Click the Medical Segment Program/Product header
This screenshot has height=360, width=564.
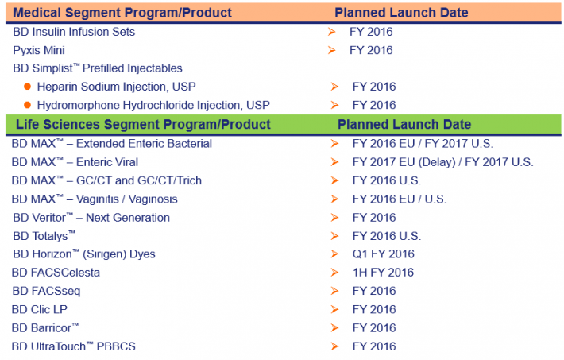(122, 13)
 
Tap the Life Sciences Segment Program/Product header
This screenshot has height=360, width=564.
(143, 124)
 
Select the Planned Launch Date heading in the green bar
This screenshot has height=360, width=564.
(404, 124)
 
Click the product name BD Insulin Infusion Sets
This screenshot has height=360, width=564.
(74, 32)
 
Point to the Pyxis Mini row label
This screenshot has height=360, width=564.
(39, 50)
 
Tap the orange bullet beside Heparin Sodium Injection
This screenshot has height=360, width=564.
(27, 87)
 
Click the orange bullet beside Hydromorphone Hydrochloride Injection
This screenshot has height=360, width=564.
(27, 105)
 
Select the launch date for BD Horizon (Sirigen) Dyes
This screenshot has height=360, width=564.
(383, 254)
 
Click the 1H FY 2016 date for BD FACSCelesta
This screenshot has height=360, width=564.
(383, 272)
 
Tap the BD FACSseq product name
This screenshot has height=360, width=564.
(46, 291)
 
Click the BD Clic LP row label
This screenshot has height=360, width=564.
(40, 309)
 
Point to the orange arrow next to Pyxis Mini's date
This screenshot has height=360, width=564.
(331, 50)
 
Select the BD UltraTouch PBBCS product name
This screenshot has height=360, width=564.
(74, 346)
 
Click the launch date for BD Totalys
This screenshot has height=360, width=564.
(387, 236)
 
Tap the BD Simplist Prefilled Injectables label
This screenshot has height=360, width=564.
(98, 68)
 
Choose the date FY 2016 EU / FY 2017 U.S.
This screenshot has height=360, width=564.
(423, 144)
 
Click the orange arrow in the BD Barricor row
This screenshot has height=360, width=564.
(334, 327)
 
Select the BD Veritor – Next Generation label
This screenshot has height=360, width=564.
(91, 218)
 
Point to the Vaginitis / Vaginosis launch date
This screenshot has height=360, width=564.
(400, 199)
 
